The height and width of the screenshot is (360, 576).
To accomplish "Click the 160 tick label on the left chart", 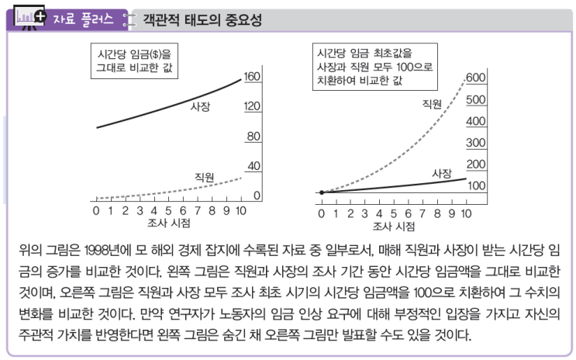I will (x=252, y=77).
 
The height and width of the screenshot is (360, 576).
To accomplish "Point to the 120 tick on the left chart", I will (x=252, y=106).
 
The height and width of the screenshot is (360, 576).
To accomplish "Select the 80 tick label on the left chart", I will (x=252, y=137).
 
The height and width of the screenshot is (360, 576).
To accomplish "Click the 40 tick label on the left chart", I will (x=252, y=166).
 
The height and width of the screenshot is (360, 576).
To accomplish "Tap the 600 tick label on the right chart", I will (x=474, y=78).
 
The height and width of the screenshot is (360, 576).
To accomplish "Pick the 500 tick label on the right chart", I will (x=474, y=99).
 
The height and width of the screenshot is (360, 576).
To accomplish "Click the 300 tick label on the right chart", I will (x=474, y=143).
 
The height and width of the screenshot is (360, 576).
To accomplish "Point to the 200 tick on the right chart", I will (x=474, y=164).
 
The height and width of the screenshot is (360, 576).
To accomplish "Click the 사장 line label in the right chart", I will (x=441, y=174).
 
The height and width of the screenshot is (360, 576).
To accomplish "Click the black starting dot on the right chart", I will (x=321, y=192).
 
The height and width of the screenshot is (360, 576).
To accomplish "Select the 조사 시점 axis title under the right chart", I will (x=393, y=225).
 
